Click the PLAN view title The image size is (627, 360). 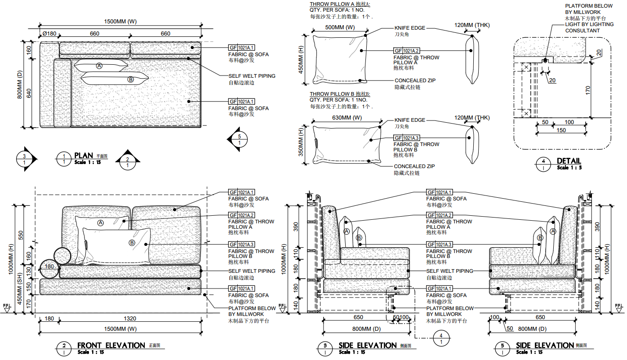click(84, 156)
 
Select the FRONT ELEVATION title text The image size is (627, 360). click(111, 345)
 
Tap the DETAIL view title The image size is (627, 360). click(569, 161)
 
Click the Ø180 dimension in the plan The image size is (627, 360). click(49, 34)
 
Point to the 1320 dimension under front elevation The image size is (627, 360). click(129, 319)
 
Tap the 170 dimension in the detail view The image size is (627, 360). click(601, 90)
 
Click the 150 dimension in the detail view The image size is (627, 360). click(561, 130)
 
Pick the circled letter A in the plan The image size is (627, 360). click(99, 66)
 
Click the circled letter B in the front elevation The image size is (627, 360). click(132, 243)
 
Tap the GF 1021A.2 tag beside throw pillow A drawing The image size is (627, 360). click(407, 51)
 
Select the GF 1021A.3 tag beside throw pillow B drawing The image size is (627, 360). click(407, 138)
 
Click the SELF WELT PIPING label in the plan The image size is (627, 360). click(252, 76)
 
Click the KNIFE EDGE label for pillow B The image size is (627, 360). click(409, 120)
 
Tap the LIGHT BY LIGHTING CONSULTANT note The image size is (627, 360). click(589, 27)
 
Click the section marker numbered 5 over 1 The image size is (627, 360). click(238, 139)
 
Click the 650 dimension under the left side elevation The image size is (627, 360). click(358, 317)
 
